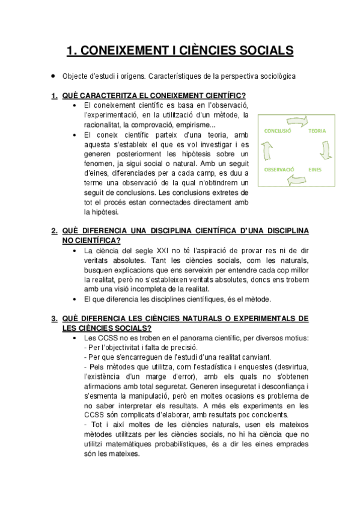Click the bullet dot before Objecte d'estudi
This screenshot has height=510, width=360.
[x=54, y=77]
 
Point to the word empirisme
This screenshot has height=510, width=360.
[x=190, y=124]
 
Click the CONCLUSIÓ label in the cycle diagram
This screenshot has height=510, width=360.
[x=278, y=131]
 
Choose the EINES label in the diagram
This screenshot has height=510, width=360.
[x=316, y=170]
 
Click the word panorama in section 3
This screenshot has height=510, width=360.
[x=186, y=337]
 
